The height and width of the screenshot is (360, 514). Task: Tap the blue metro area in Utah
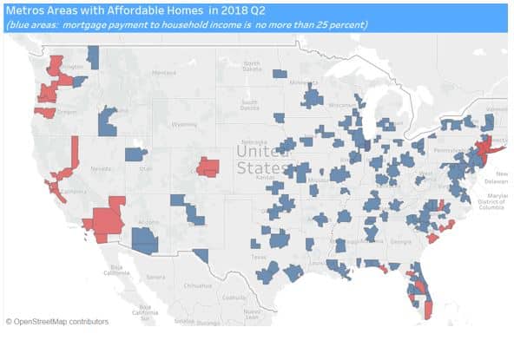136,155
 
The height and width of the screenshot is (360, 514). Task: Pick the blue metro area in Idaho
109,121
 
